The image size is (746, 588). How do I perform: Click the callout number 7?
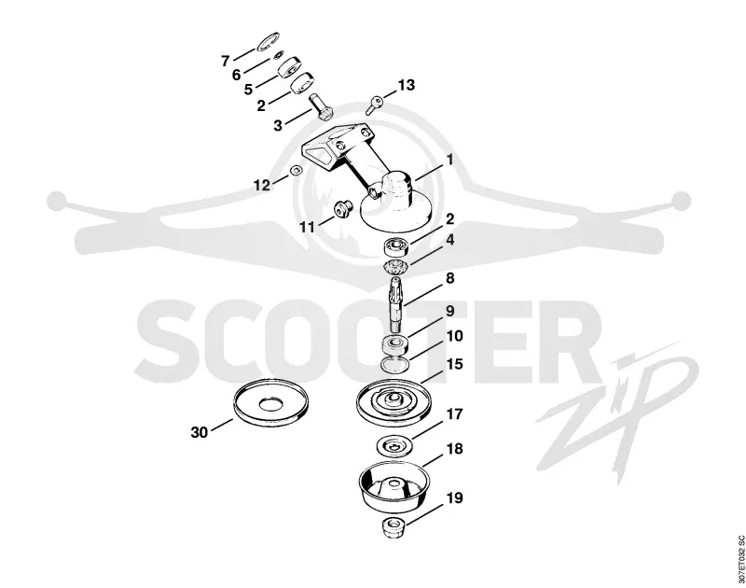[225, 61]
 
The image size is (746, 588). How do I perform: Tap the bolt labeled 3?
[320, 107]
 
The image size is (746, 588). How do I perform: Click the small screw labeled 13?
[375, 105]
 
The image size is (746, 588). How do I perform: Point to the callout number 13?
[406, 85]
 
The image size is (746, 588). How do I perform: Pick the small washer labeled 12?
[297, 170]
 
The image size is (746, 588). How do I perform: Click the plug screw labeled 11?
[342, 208]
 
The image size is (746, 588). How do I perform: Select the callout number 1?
[449, 160]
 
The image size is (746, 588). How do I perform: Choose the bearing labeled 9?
[394, 344]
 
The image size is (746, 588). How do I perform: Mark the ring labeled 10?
[395, 365]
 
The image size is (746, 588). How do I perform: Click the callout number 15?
[455, 364]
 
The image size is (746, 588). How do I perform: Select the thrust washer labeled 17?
[394, 446]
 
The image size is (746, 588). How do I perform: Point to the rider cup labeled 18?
[394, 484]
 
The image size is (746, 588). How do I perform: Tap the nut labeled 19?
[394, 527]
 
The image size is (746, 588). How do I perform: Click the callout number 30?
[200, 432]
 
